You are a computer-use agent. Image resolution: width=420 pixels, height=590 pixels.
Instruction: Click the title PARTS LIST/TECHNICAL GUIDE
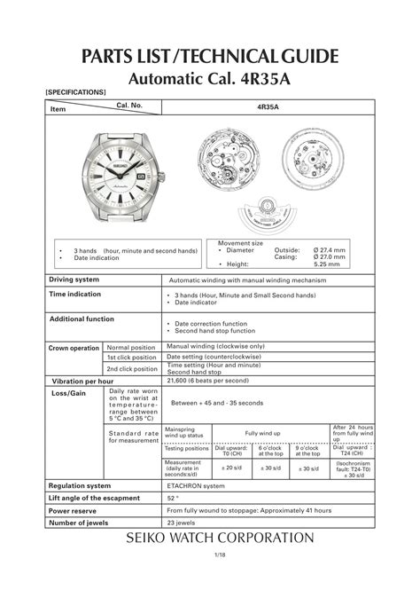click(209, 56)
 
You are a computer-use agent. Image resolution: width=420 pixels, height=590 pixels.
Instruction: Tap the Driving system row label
click(74, 279)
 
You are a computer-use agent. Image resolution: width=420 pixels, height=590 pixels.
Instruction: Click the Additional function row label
click(82, 319)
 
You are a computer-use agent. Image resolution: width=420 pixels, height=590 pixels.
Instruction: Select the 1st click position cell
click(132, 358)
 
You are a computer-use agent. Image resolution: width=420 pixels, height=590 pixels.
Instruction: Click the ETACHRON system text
click(196, 485)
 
